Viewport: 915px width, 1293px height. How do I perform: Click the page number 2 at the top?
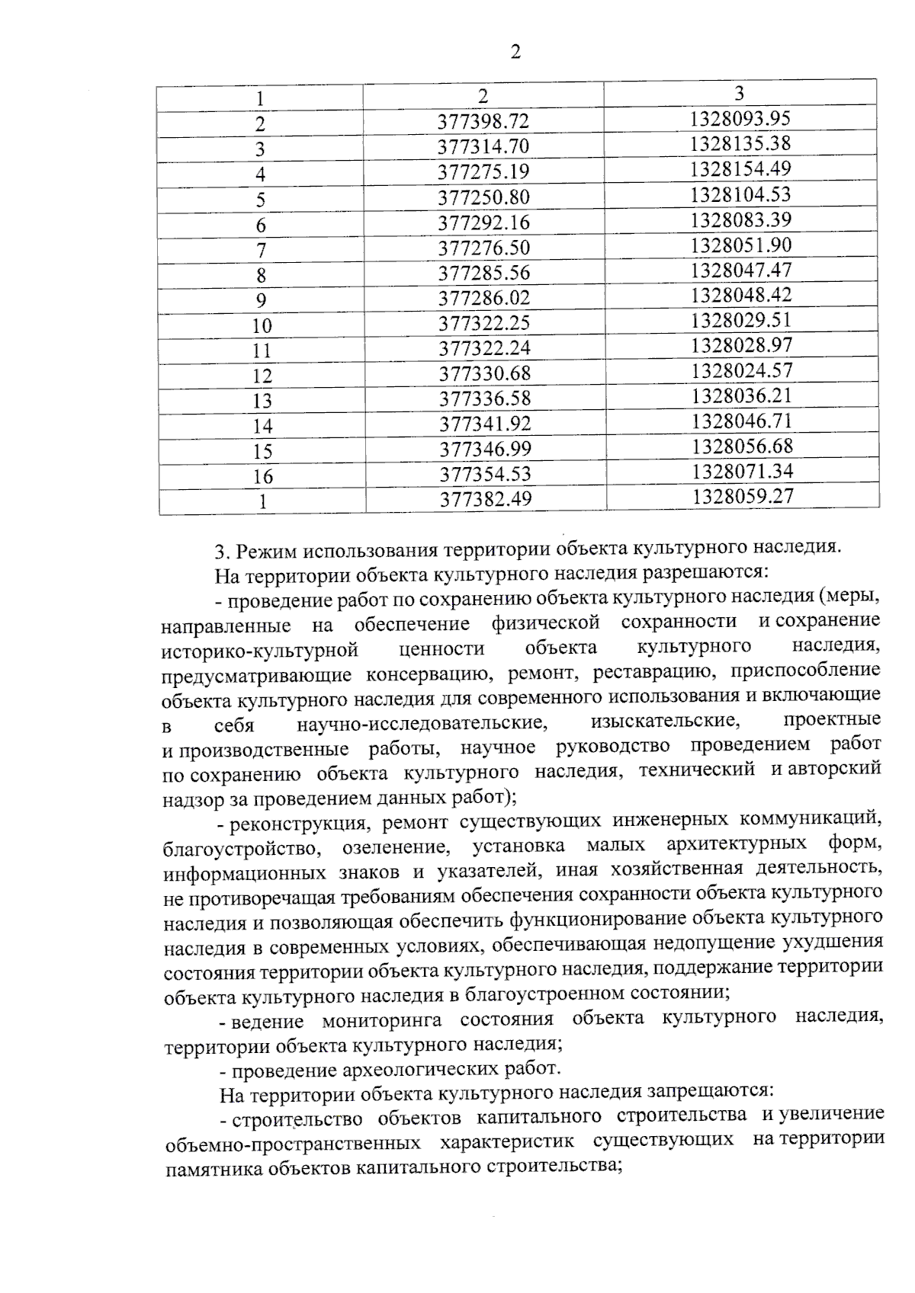pyautogui.click(x=515, y=52)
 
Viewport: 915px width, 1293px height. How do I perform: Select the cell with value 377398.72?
pyautogui.click(x=483, y=121)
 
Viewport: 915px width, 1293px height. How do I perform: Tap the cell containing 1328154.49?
pyautogui.click(x=740, y=168)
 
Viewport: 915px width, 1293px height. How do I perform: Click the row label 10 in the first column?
pyautogui.click(x=262, y=326)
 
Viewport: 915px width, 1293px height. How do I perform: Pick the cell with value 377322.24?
pyautogui.click(x=484, y=348)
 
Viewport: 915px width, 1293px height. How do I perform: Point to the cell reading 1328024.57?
pyautogui.click(x=742, y=370)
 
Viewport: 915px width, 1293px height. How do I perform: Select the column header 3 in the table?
pyautogui.click(x=739, y=94)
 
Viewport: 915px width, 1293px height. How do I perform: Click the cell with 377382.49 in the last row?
pyautogui.click(x=485, y=498)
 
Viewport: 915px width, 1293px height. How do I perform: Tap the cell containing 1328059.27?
pyautogui.click(x=743, y=496)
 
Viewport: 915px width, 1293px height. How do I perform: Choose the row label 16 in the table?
pyautogui.click(x=262, y=477)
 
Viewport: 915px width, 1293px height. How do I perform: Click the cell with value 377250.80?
pyautogui.click(x=483, y=197)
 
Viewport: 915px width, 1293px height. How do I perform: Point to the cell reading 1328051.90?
pyautogui.click(x=741, y=245)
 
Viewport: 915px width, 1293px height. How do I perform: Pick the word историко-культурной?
pyautogui.click(x=260, y=650)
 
